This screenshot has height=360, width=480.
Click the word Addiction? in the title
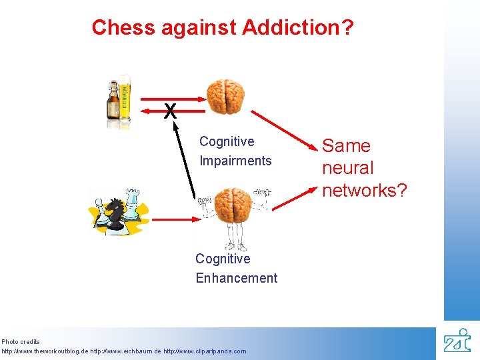click(298, 27)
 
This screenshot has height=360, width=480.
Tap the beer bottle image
click(119, 101)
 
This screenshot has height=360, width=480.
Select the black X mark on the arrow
click(171, 111)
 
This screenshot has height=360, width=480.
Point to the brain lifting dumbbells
click(232, 203)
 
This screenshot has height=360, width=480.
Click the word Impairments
click(235, 161)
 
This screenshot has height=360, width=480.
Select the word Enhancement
click(236, 278)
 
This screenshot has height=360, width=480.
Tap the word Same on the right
click(346, 146)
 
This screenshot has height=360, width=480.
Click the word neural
click(347, 168)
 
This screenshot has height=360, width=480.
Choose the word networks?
click(364, 190)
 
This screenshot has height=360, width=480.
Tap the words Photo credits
click(21, 342)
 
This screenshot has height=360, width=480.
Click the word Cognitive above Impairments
click(227, 141)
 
